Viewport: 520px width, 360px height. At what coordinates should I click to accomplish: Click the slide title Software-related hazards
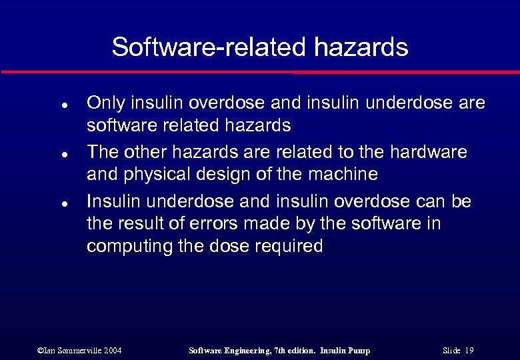tap(260, 47)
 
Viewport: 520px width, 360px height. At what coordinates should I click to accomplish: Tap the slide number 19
tap(469, 350)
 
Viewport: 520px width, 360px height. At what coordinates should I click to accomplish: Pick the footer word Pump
tap(357, 350)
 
